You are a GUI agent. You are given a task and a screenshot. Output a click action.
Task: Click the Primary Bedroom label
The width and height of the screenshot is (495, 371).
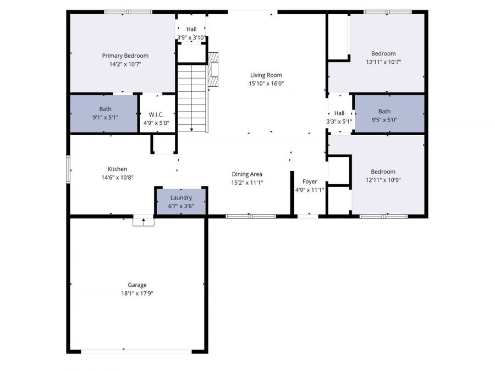[125, 56]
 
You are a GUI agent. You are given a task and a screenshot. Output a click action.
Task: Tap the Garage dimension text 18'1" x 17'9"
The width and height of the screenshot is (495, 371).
[137, 294]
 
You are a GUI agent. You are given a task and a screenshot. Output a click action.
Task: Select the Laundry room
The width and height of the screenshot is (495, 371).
[181, 201]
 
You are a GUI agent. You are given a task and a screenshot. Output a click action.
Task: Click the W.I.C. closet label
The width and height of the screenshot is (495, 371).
[156, 114]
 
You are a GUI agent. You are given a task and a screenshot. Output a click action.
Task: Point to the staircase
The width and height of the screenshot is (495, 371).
[192, 97]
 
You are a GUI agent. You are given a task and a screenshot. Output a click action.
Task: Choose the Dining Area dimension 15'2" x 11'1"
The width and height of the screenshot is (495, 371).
[247, 182]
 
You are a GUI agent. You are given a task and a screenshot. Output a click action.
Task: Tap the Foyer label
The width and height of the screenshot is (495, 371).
[310, 181]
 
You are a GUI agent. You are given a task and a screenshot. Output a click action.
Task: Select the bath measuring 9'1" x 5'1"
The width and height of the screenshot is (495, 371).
[105, 113]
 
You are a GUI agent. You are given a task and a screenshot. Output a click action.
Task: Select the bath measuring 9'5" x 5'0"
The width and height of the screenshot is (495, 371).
[388, 114]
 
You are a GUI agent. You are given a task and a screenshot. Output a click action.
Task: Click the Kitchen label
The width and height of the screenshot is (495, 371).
[117, 169]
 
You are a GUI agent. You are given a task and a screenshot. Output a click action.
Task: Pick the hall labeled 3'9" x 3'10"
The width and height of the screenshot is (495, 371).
[191, 34]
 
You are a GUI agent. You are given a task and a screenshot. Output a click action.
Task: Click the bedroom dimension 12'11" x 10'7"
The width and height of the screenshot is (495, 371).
[383, 62]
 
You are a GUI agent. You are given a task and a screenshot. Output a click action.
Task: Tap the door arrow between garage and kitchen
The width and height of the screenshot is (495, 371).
[144, 221]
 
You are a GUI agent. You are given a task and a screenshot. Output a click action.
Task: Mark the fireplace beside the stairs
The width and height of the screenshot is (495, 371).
[215, 69]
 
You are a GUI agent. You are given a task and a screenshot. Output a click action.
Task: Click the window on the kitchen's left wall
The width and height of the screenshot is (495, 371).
[69, 169]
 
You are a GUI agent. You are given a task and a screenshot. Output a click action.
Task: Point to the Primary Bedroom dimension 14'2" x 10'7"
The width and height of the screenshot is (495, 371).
[125, 64]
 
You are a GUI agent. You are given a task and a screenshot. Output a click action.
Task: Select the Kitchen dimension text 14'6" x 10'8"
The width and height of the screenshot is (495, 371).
[117, 178]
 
